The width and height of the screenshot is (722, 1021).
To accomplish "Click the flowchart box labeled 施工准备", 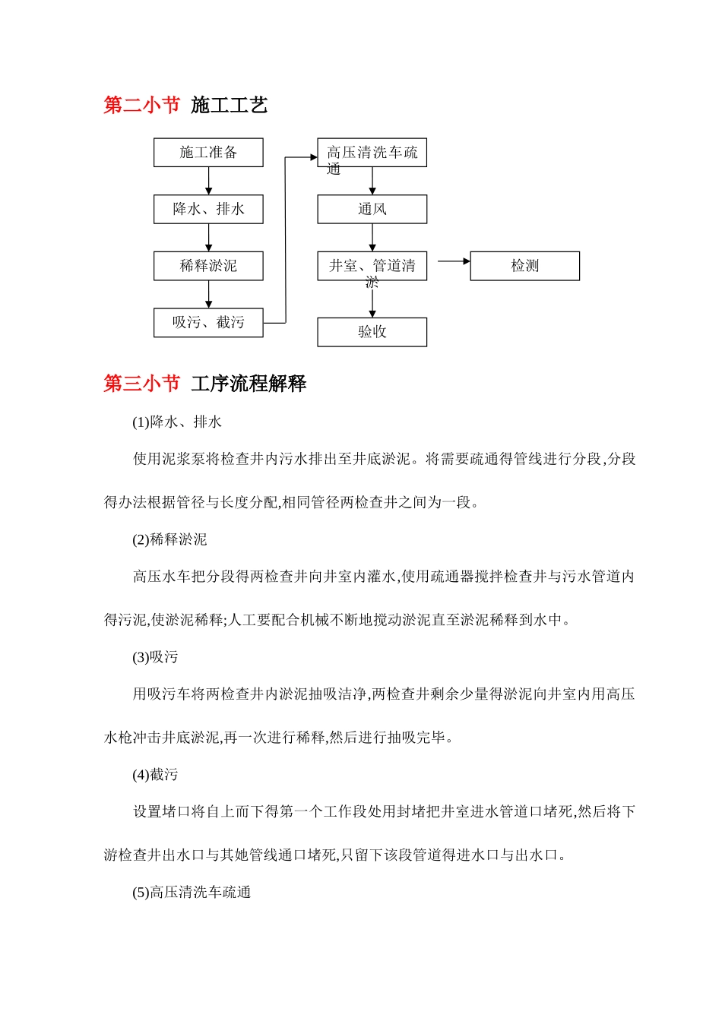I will coord(208,153).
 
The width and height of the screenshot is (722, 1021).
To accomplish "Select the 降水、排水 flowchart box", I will coord(208,210).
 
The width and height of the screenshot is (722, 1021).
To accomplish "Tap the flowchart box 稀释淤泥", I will coord(208,266).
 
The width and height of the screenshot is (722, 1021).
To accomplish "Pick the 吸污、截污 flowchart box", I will coord(208,323).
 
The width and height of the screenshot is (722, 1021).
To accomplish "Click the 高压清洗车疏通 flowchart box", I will coord(372,153).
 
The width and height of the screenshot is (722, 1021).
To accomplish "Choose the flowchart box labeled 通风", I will coord(372,210).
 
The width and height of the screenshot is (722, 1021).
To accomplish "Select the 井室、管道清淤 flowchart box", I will coord(372,266).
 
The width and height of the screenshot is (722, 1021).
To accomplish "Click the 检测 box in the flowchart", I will coord(524,266).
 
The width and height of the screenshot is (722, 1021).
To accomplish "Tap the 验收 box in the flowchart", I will coord(372,332).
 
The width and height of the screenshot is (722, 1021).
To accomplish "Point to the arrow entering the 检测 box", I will coord(454,261).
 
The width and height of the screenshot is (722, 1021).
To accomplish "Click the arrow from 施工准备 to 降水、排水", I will coord(208,181).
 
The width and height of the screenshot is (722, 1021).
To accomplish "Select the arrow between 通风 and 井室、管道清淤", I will coord(372,238).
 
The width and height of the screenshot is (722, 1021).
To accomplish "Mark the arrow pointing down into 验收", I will coord(372,302).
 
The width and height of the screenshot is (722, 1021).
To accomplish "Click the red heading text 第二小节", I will coord(141,105).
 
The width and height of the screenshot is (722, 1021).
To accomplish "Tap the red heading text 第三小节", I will coord(141,384).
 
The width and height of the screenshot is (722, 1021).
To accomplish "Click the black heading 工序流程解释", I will coord(249,384).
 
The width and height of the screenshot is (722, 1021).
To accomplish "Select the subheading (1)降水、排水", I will coord(177,422).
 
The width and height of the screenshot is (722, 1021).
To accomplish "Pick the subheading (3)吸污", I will coord(155,657).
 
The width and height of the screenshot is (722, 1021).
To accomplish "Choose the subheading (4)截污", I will coord(155,775).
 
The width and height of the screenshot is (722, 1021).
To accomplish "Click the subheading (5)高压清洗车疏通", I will coord(192,893).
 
